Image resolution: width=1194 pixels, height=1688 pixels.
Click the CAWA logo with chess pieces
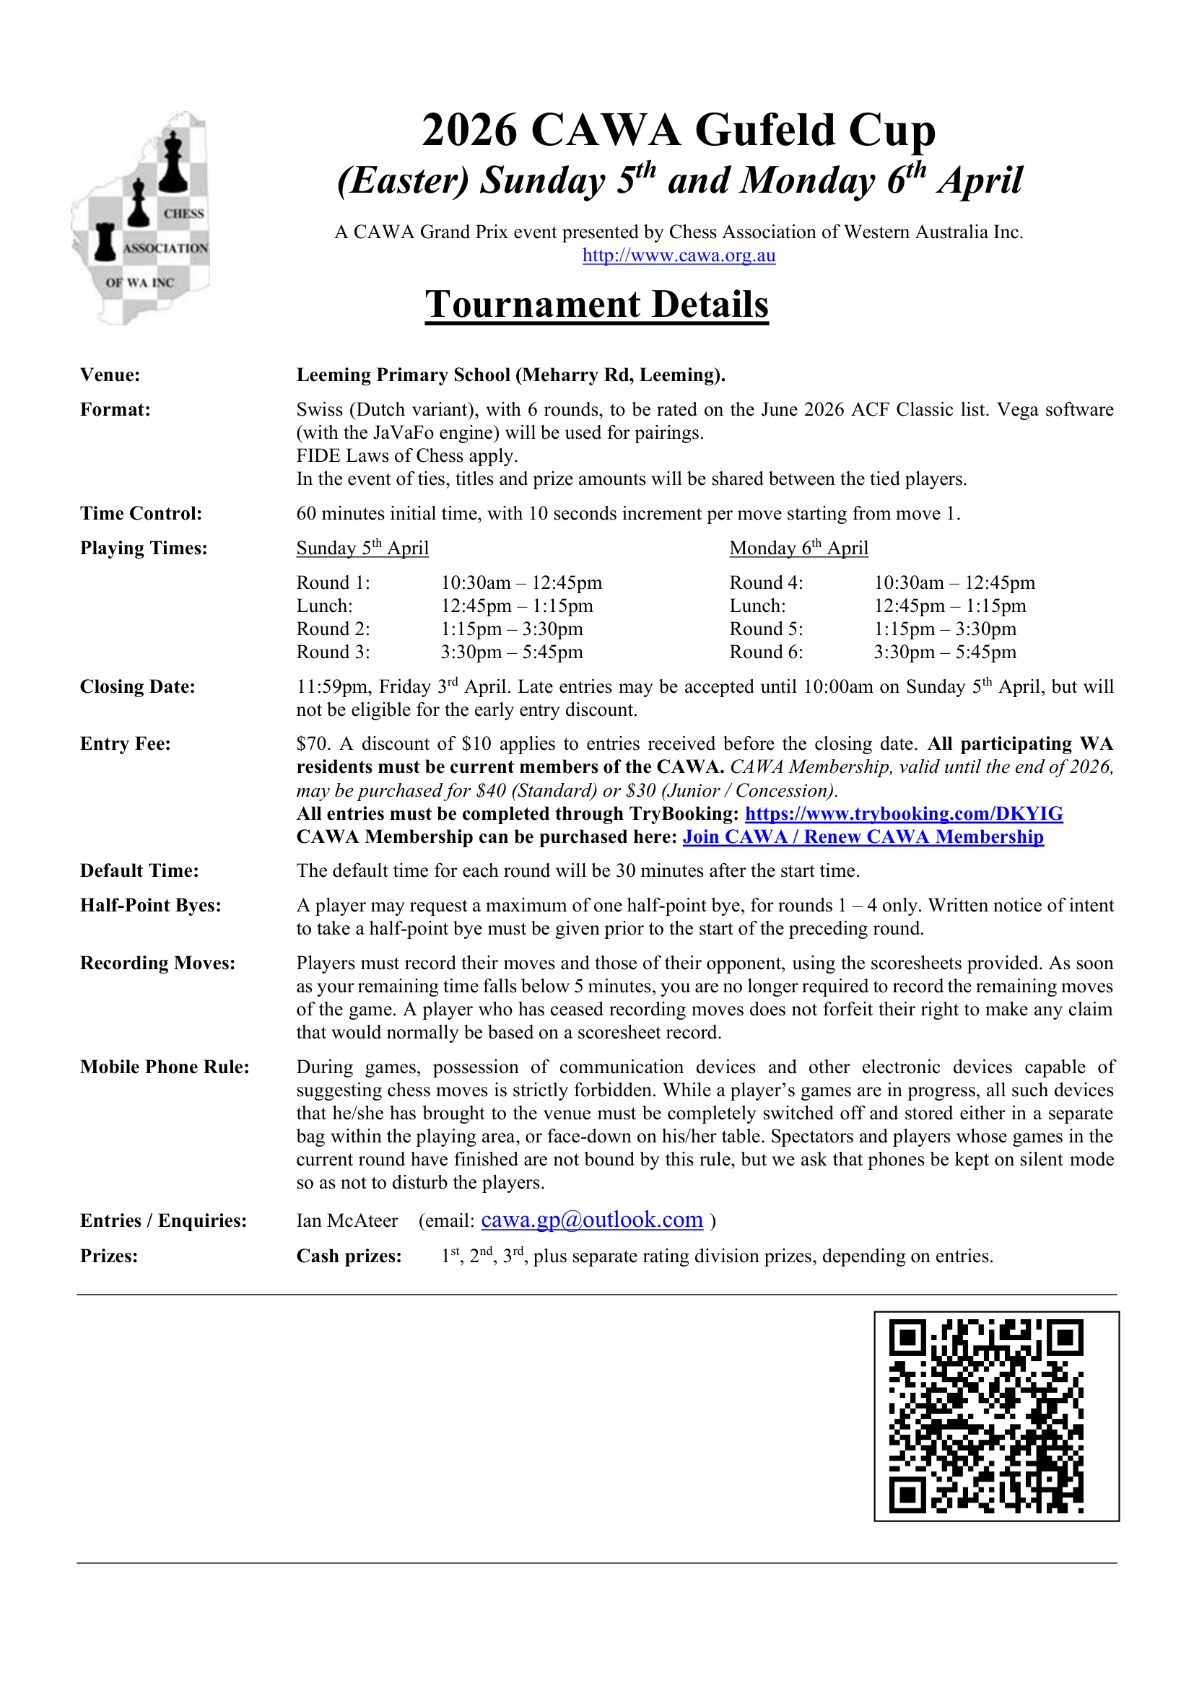[x=141, y=219]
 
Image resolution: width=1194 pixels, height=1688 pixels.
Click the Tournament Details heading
[x=596, y=304]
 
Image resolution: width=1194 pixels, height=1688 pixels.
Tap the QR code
[x=995, y=1415]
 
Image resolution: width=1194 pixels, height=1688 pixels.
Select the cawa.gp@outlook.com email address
[x=591, y=1220]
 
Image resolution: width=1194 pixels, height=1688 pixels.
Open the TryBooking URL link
[x=903, y=813]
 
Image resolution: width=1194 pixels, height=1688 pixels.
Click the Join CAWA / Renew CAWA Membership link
[x=863, y=836]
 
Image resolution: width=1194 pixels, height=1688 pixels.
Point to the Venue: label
[x=110, y=375]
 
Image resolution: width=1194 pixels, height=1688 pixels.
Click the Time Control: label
[x=141, y=513]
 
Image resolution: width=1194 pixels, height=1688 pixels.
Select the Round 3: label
[x=333, y=652]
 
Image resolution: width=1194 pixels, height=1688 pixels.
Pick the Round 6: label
[x=766, y=652]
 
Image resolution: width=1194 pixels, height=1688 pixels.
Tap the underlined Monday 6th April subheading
[x=798, y=548]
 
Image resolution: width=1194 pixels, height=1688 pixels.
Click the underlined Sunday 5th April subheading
[x=362, y=548]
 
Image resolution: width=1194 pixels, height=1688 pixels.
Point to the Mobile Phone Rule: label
[x=165, y=1067]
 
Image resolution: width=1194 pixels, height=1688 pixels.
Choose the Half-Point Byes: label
[x=151, y=905]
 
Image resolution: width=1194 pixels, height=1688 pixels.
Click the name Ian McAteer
[x=347, y=1221]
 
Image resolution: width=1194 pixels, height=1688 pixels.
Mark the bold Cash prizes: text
[x=349, y=1256]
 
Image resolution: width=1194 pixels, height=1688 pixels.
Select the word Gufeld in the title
[x=764, y=130]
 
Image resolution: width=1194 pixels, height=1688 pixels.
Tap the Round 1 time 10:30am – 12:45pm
[x=521, y=583]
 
